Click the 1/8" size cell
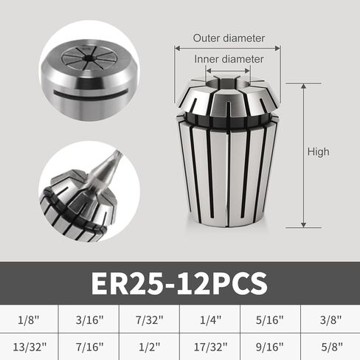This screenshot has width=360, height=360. (x=30, y=321)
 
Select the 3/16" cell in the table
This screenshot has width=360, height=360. (x=90, y=321)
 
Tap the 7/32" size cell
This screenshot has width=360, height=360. (x=150, y=321)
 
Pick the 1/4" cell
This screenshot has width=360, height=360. (x=210, y=321)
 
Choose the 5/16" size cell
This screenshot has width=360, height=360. (x=270, y=321)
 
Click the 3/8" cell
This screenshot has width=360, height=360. (x=330, y=321)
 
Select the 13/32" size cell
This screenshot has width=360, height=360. (x=30, y=346)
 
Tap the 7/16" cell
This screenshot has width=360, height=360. (x=90, y=346)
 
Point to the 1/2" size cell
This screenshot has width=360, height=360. (x=150, y=346)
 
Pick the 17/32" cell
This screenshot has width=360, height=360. (x=210, y=346)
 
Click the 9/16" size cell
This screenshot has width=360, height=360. (x=270, y=346)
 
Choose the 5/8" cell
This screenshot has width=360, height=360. (x=330, y=346)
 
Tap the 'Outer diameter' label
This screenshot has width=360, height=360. (x=228, y=38)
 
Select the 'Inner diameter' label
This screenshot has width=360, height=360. (x=229, y=58)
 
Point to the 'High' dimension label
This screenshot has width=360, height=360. (x=319, y=152)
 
